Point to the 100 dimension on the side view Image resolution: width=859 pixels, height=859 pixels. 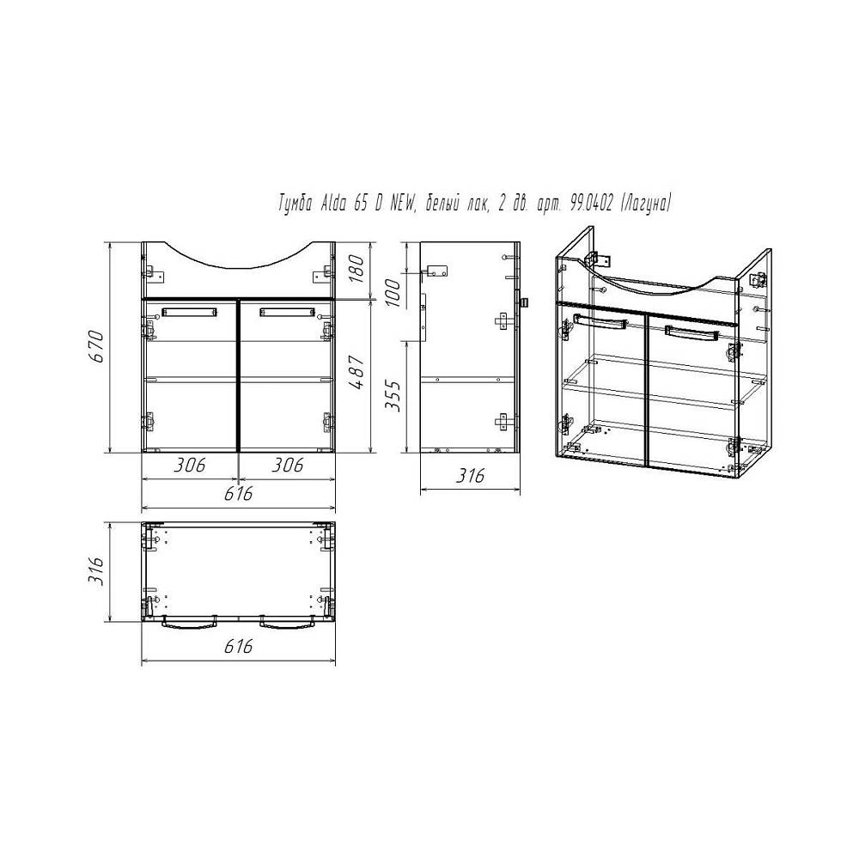(x=393, y=292)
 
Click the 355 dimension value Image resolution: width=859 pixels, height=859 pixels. (x=393, y=395)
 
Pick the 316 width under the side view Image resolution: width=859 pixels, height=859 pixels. (x=470, y=475)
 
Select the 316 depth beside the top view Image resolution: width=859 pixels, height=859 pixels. (x=96, y=571)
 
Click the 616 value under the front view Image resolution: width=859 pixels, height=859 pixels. (x=238, y=494)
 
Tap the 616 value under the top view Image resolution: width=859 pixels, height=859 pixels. (x=238, y=647)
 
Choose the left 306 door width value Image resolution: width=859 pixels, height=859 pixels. (x=190, y=465)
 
